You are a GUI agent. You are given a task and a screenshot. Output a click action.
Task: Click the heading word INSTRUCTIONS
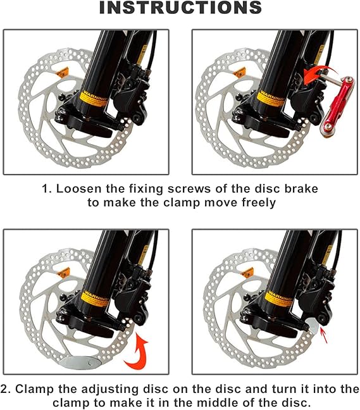tap(180, 8)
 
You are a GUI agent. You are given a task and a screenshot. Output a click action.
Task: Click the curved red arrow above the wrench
tap(318, 74)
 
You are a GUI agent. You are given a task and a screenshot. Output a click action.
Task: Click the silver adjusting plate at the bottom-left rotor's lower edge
tap(80, 363)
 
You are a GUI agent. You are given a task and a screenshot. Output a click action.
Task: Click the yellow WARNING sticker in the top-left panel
tap(93, 99)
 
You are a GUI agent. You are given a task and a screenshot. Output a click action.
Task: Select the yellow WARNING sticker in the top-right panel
tap(270, 99)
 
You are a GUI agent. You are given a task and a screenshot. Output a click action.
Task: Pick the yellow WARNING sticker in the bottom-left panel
tap(95, 299)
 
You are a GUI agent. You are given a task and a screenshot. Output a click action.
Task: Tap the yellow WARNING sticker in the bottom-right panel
tap(278, 299)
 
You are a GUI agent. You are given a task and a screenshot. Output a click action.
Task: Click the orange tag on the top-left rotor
tap(62, 72)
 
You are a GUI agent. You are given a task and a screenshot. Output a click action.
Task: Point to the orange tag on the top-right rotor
tap(239, 72)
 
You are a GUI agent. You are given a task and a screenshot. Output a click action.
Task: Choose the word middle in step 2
tap(214, 402)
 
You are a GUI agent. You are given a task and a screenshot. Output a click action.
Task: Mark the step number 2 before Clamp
tap(4, 389)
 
